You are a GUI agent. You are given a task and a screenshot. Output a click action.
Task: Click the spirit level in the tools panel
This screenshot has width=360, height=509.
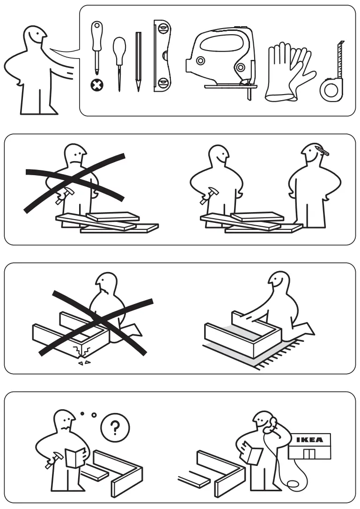[x=162, y=56]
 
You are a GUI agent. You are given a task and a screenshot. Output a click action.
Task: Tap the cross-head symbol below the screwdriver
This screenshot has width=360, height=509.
[x=97, y=86]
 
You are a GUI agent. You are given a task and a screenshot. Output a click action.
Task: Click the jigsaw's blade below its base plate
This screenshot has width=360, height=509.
[x=249, y=95]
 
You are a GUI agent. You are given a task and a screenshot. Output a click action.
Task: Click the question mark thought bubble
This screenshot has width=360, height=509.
[x=115, y=428]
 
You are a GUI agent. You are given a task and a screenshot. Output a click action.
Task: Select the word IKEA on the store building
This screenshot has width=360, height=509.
[x=310, y=440]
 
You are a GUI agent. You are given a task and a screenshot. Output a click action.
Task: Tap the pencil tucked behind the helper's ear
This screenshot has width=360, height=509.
[x=321, y=150]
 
